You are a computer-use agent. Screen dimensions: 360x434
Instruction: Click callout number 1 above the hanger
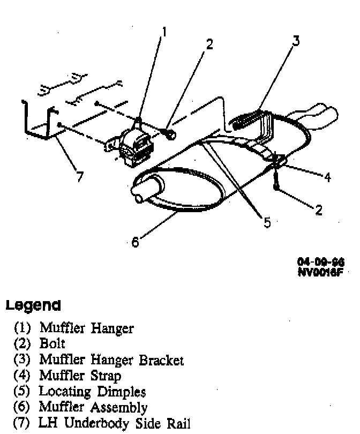164,33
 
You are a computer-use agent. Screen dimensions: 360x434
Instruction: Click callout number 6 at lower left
135,243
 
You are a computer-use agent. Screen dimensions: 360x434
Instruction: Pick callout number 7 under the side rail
80,177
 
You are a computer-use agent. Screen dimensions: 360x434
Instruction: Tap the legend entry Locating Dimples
92,392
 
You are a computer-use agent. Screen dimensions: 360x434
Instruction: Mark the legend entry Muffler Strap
80,376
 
